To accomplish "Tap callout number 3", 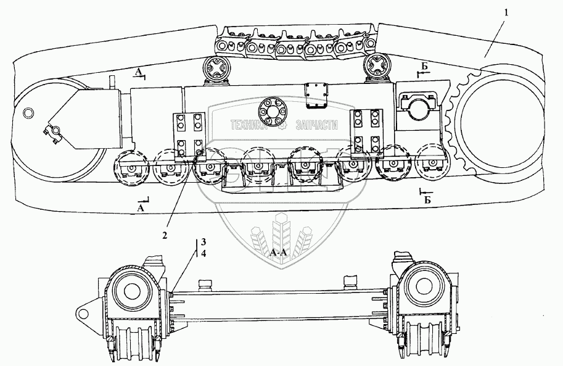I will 203,241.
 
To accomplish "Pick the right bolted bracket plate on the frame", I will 367,129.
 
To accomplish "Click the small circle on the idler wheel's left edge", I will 27,112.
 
